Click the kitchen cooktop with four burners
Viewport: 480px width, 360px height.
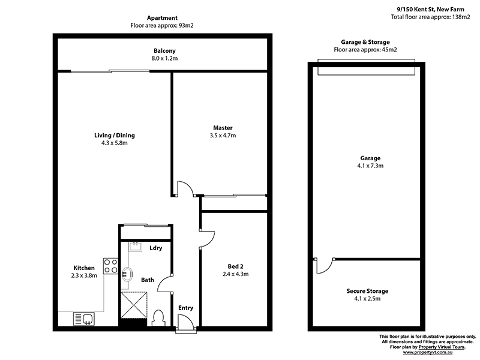(110, 266)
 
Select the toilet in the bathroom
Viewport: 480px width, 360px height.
(159, 316)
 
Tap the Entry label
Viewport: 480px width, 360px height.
(186, 308)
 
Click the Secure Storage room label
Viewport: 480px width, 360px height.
(367, 291)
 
